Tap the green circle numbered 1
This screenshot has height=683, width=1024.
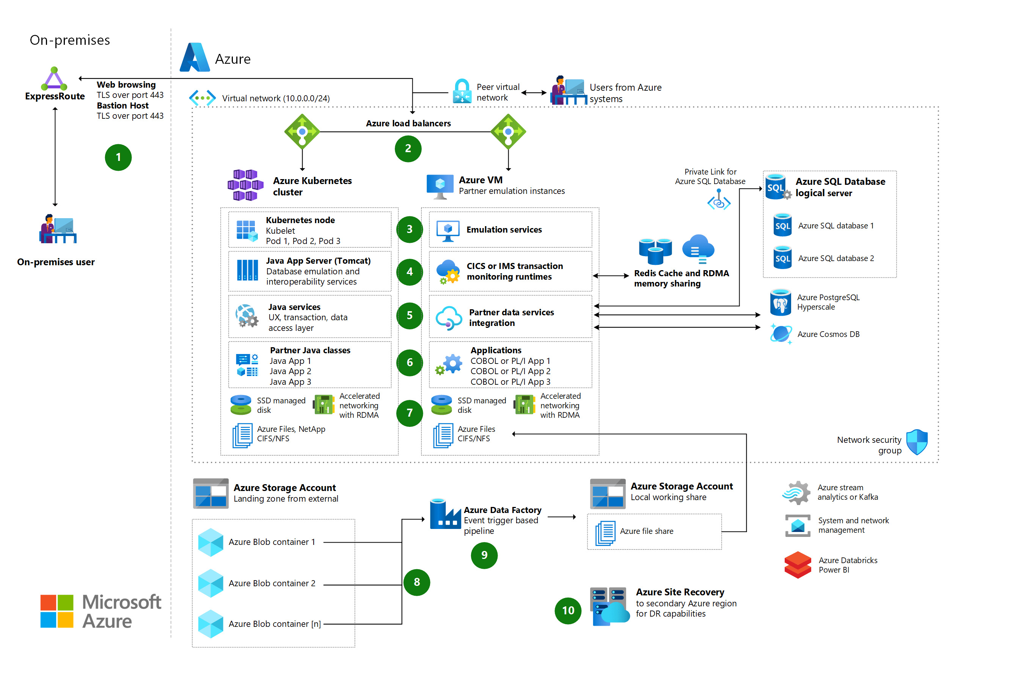118,157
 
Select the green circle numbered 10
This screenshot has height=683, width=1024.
568,610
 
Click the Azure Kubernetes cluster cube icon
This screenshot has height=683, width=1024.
245,185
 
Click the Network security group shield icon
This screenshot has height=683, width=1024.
917,442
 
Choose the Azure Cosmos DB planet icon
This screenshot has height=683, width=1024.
781,334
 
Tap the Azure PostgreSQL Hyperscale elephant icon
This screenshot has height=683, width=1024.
780,302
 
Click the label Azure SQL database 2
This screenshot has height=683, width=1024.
836,258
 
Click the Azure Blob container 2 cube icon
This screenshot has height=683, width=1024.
211,583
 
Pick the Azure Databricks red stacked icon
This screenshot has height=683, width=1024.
798,565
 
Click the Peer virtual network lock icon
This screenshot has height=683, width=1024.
462,91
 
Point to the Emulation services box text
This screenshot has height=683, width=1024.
504,230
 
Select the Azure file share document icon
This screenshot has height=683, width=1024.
606,532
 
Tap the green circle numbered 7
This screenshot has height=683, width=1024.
409,413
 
